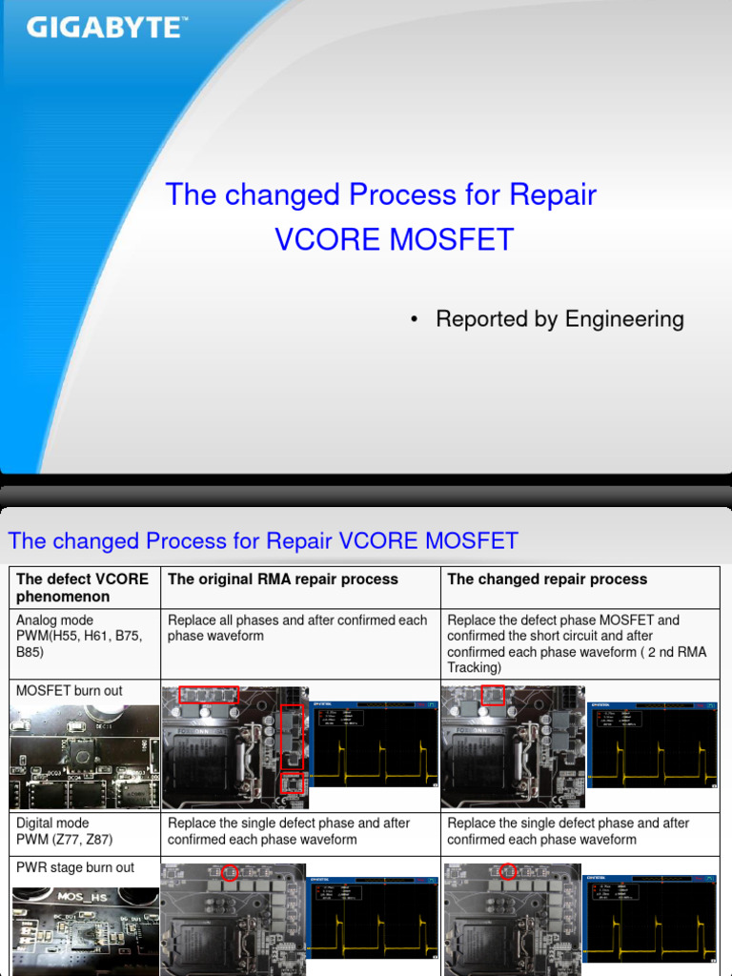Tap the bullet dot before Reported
pos(414,320)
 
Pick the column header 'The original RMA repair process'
pos(283,579)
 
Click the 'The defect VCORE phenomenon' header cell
pos(83,588)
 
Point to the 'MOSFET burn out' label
pos(70,691)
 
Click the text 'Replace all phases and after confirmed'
pos(297,620)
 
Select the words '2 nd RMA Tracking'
pos(610,660)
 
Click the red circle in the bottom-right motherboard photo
pos(508,871)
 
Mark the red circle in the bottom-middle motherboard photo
pos(228,873)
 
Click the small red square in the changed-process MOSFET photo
pos(493,694)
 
